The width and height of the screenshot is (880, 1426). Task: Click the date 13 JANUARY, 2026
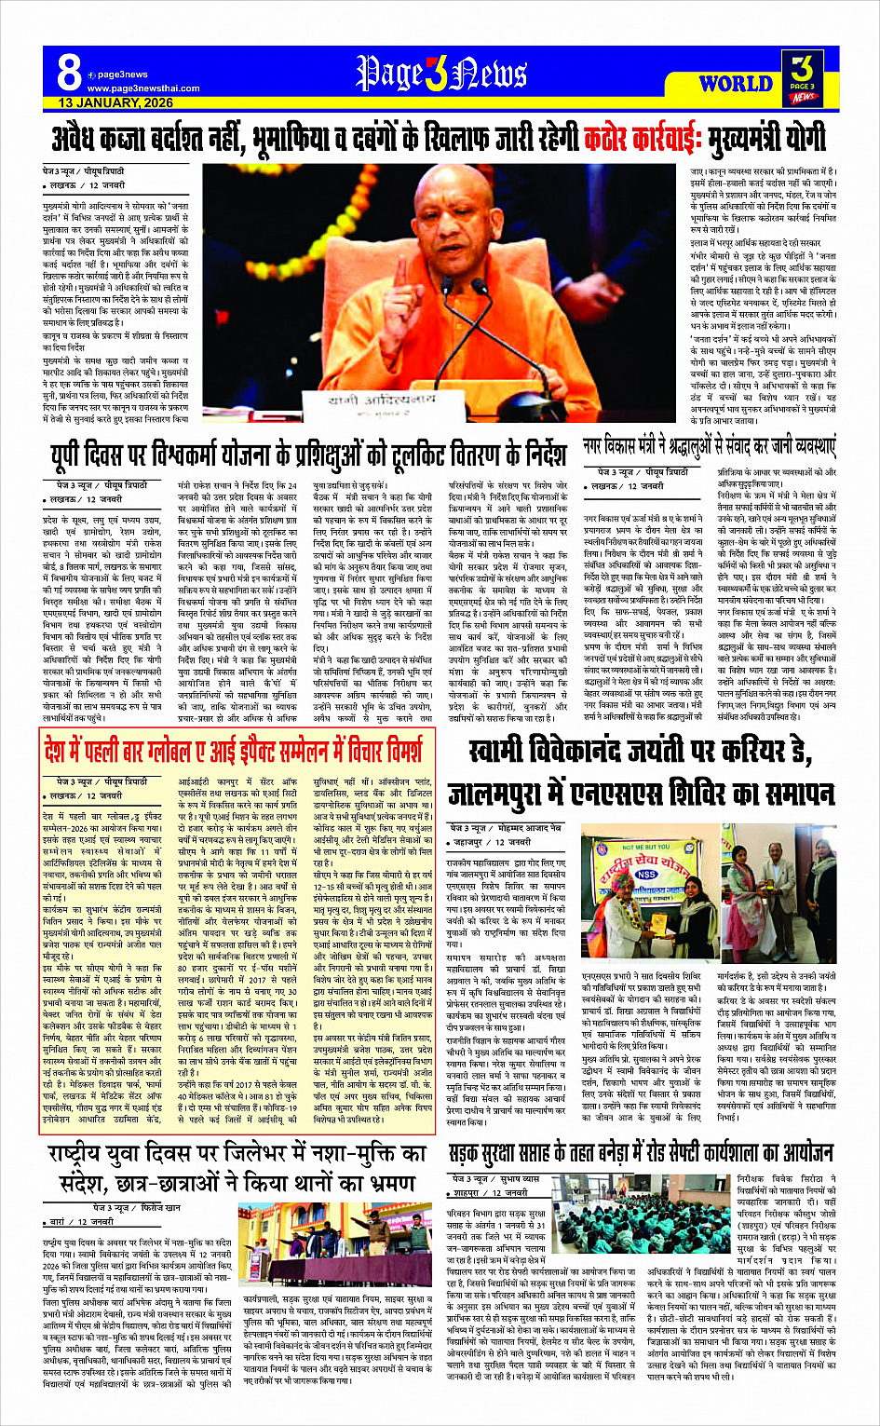(x=115, y=102)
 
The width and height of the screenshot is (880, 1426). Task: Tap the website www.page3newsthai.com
(x=130, y=88)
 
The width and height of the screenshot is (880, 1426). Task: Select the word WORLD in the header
(x=736, y=83)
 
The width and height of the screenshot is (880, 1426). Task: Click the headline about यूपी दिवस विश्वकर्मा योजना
(x=308, y=455)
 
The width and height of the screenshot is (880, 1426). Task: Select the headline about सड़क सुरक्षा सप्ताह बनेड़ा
(x=641, y=1154)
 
